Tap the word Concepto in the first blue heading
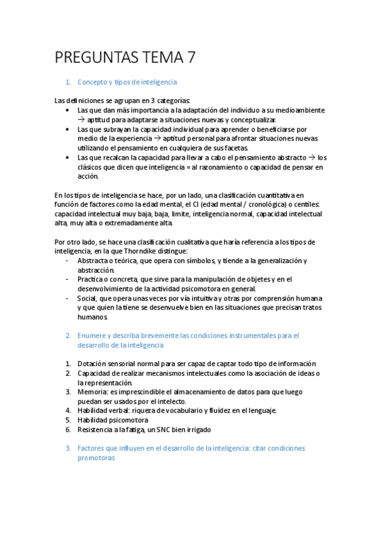92,82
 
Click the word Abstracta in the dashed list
93,261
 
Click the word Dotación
92,364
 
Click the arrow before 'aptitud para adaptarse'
81,119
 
